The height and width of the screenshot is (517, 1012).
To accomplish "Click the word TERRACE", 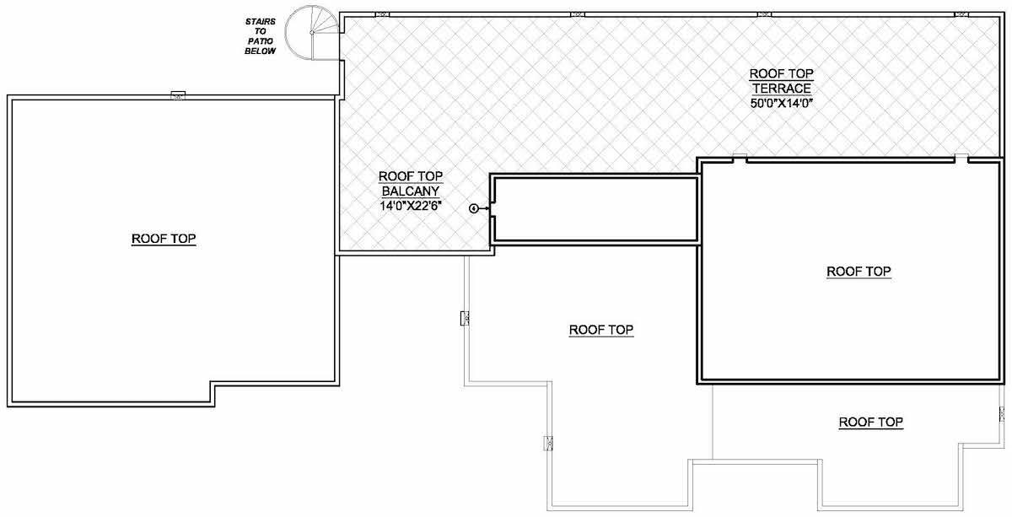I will pos(782,88).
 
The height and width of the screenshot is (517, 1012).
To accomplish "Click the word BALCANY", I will pos(411,191).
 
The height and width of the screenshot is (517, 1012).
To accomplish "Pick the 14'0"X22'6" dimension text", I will pos(411,205).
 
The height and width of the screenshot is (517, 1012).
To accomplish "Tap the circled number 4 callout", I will pos(473,207).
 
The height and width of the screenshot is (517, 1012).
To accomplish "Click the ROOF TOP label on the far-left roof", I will pos(164,239).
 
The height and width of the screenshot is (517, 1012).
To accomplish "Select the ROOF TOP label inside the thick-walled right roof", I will pos(859,272).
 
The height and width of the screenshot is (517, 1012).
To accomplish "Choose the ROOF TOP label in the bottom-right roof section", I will pos(871,422).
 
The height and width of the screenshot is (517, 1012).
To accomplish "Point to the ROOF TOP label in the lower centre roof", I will pos(601,330).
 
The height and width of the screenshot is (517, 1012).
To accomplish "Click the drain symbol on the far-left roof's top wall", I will pos(178,95).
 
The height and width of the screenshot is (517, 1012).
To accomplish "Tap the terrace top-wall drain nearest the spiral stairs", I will pos(381,14).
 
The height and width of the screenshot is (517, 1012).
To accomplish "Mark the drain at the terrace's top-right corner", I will pos(961,14).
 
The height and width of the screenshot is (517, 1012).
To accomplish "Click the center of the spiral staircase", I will pos(313,33).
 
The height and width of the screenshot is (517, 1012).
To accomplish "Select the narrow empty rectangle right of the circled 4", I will pos(595,208).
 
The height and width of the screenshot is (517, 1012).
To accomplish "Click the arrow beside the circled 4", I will pos(484,207).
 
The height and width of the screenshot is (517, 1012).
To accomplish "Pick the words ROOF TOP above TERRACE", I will pos(782,73).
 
